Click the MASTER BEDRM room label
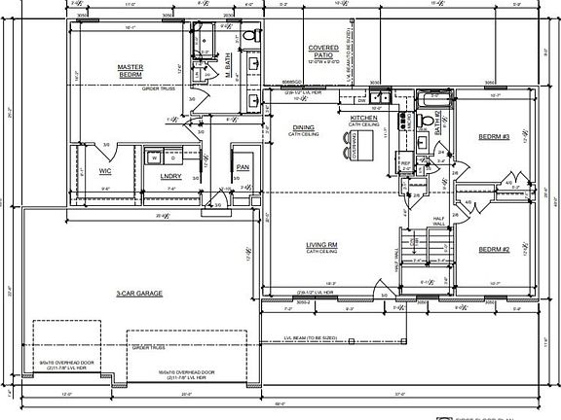[x=130, y=71]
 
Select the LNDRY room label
[x=170, y=176]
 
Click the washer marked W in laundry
[x=153, y=157]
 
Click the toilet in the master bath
[x=248, y=37]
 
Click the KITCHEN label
[x=363, y=119]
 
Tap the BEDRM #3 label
[x=494, y=137]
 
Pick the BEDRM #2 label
[x=494, y=249]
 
